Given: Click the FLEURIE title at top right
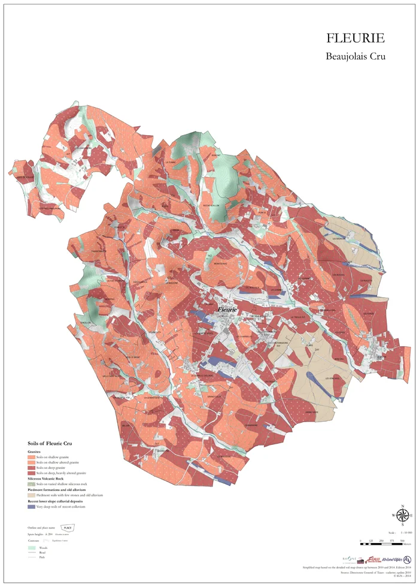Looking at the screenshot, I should point(355,38).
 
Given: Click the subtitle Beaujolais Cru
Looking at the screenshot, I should point(355,57).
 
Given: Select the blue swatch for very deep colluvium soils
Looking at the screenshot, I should point(31,506).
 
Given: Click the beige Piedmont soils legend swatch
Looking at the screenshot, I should point(31,495).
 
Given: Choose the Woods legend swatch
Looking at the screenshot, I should point(31,547).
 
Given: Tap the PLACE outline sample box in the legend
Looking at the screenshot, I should point(68,527).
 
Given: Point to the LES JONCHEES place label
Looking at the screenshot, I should point(333,379).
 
